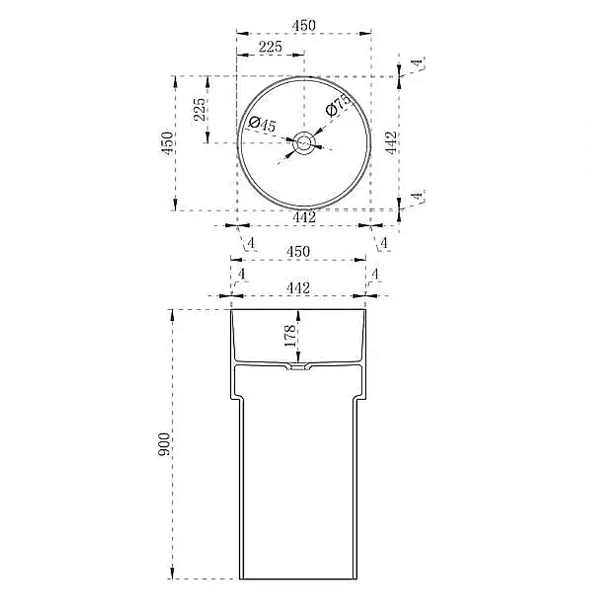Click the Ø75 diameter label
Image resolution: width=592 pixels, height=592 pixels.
tap(338, 105)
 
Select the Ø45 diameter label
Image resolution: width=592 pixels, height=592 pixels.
tap(262, 124)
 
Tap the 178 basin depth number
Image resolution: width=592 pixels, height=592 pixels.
tap(290, 336)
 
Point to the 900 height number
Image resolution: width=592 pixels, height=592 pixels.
tap(164, 444)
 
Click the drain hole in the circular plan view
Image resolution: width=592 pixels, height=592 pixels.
tap(304, 143)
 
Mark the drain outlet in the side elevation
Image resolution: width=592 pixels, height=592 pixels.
tap(298, 366)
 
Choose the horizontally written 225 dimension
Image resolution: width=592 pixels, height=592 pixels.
tap(271, 46)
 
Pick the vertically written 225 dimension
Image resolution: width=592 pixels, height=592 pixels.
tap(200, 110)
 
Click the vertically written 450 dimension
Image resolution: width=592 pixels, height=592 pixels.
tap(167, 143)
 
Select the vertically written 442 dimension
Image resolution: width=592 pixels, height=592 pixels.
tap(391, 143)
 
